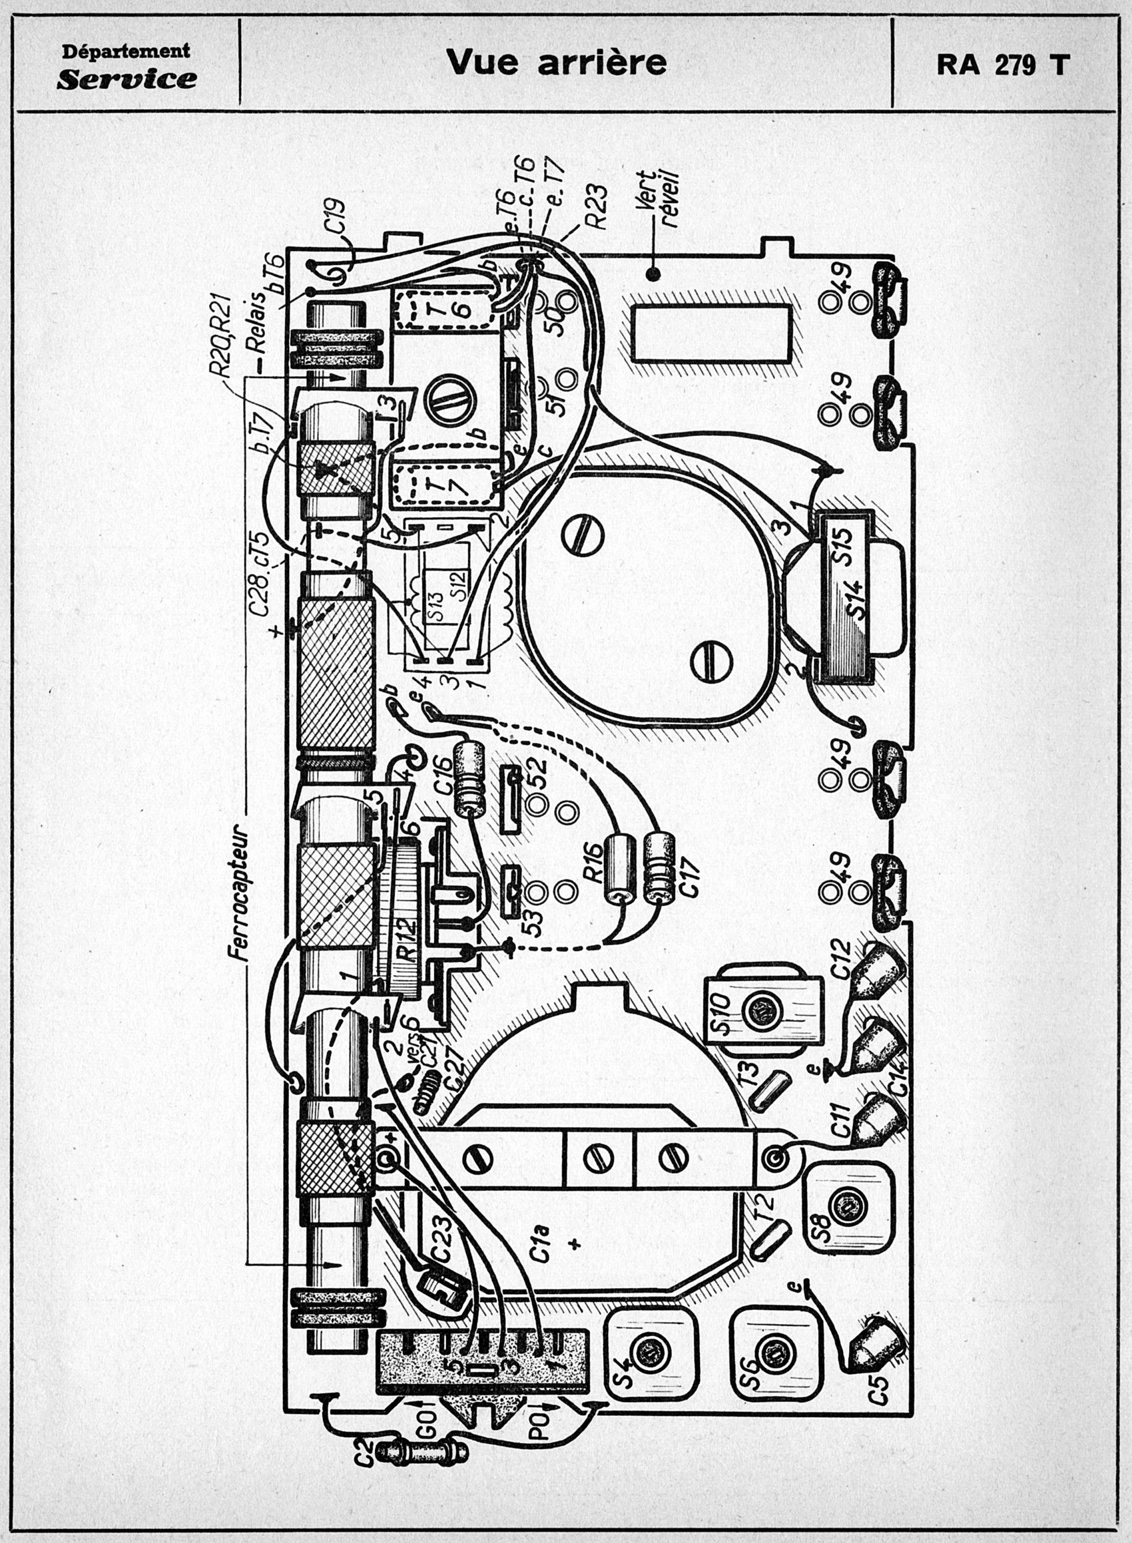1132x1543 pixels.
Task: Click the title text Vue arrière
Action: click(x=556, y=63)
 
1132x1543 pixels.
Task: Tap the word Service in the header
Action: click(x=127, y=79)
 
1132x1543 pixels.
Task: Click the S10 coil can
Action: click(x=762, y=1012)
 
